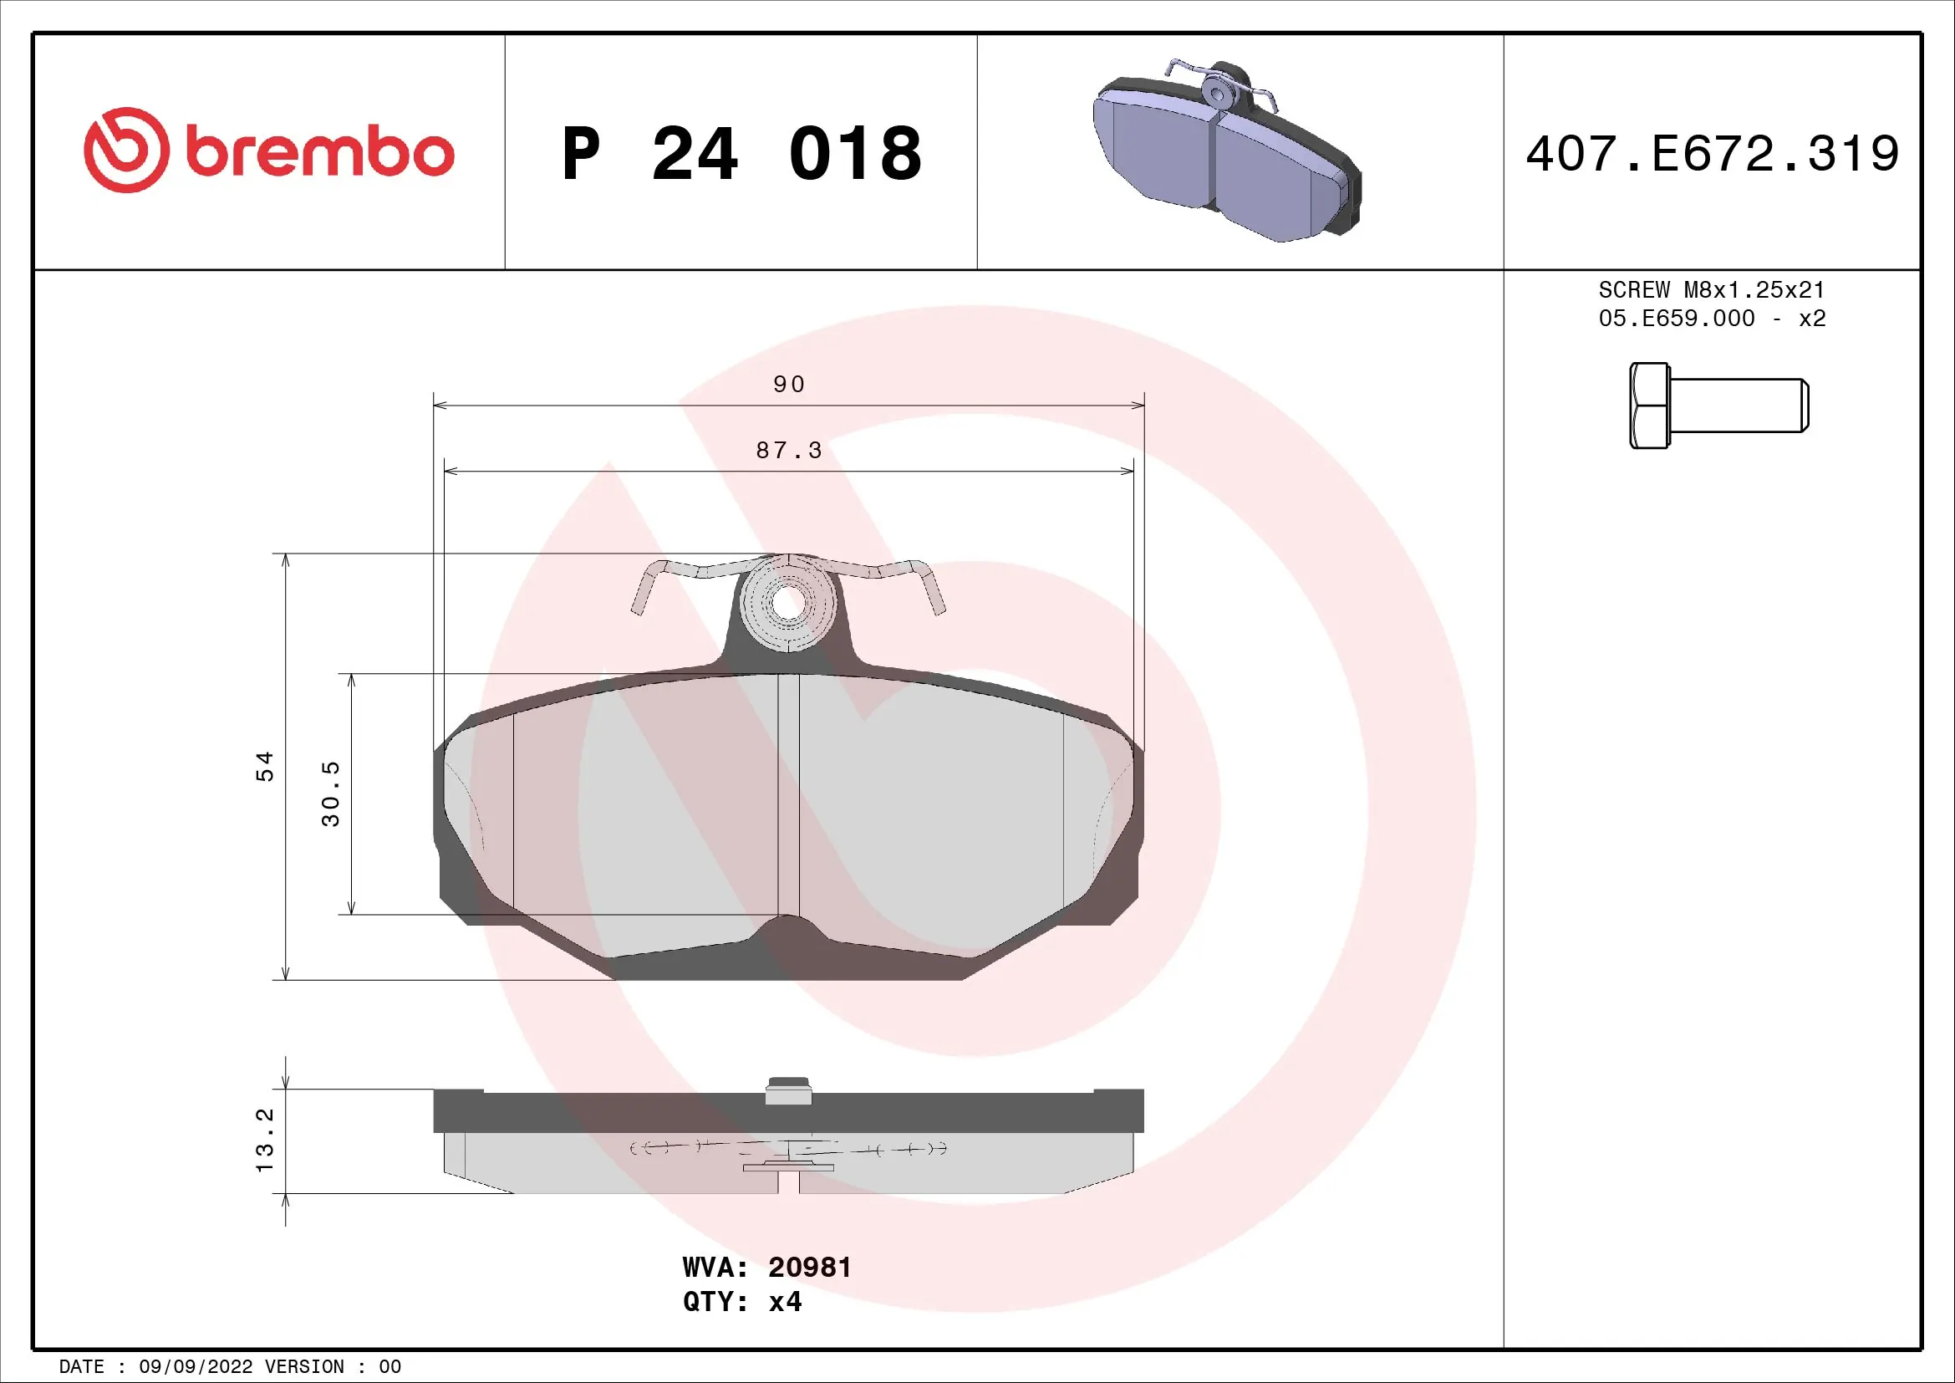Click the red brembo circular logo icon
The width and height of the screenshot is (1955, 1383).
pos(126,150)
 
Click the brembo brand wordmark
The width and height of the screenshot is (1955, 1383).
pos(319,152)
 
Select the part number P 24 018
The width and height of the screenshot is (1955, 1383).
pos(741,154)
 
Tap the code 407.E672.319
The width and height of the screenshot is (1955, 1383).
pos(1713,154)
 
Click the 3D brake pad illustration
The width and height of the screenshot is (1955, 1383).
pos(1227,151)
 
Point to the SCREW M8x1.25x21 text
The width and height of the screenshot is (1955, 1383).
pos(1712,289)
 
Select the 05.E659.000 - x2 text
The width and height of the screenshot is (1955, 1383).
pos(1712,319)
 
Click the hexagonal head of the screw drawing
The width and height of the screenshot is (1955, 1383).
pos(1649,406)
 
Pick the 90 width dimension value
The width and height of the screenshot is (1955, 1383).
pos(789,384)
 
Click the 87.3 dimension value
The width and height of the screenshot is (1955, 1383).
pos(789,451)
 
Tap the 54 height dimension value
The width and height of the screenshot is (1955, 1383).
pos(266,766)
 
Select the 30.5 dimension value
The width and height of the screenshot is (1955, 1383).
pos(331,793)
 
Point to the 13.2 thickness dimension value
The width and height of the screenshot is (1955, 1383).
pos(266,1140)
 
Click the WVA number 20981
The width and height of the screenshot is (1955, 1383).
pos(809,1267)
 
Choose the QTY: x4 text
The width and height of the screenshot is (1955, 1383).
pos(741,1302)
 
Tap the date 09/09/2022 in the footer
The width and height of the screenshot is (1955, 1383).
pos(195,1366)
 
